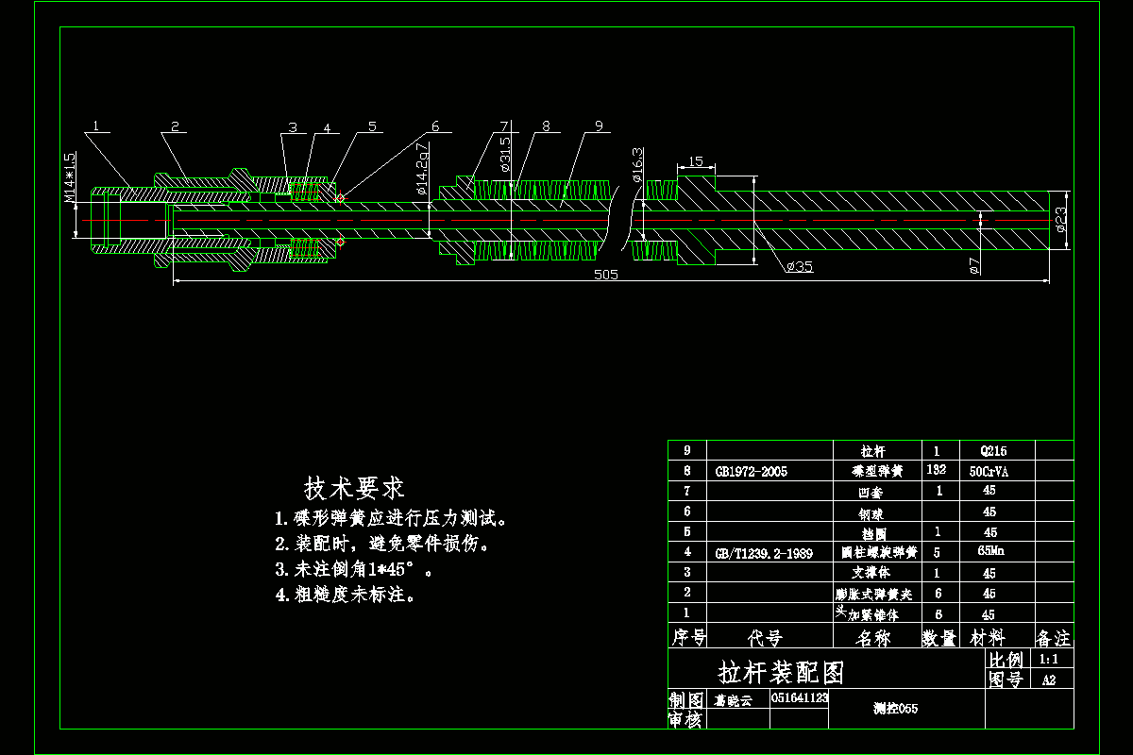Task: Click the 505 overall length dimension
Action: pos(605,275)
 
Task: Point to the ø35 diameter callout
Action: pos(799,267)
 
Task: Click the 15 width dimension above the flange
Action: pos(695,162)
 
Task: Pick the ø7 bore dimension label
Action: pos(975,266)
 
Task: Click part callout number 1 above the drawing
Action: pos(97,126)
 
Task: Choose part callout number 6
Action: pos(435,126)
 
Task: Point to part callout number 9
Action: pos(599,126)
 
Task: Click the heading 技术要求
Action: pos(354,488)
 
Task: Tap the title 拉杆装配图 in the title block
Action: pos(781,673)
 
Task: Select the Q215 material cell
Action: pos(989,451)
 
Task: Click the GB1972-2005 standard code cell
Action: pos(752,471)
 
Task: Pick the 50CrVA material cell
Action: pos(989,471)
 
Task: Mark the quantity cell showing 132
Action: pos(938,470)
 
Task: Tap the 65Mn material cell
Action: pos(989,551)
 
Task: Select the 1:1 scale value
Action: pos(1048,659)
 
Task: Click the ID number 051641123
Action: pos(800,698)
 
